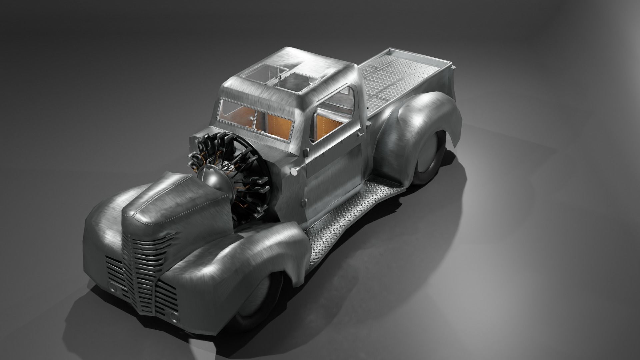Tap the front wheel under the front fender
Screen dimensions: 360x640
258,302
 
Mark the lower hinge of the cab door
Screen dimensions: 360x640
304,202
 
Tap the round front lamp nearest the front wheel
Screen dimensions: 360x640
173,316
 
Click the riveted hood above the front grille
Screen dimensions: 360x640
167,203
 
